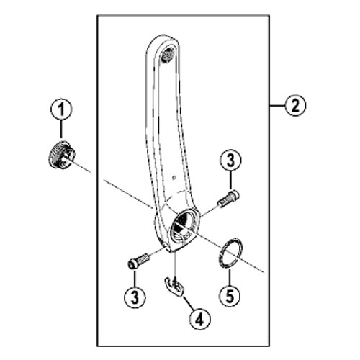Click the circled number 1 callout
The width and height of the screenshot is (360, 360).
tap(61, 109)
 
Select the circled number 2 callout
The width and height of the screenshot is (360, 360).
tap(295, 105)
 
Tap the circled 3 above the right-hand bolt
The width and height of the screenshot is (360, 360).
tap(230, 161)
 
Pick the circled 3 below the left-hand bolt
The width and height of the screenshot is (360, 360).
tap(135, 297)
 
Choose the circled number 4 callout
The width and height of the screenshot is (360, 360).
tap(199, 319)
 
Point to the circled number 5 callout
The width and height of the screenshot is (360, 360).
tap(230, 297)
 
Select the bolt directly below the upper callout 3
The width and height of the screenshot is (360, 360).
tap(228, 199)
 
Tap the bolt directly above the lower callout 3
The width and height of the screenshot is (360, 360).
tap(139, 261)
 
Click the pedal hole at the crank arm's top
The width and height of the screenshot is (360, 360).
tap(168, 56)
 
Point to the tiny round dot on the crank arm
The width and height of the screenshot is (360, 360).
tap(174, 178)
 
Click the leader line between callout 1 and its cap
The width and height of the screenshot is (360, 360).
tap(62, 130)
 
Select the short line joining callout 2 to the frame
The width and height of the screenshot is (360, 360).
tap(277, 105)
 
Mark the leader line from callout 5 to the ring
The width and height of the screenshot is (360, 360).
tap(230, 278)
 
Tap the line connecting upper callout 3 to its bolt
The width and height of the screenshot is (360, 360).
tap(230, 180)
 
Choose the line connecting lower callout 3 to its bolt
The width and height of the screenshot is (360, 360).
tap(135, 278)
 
